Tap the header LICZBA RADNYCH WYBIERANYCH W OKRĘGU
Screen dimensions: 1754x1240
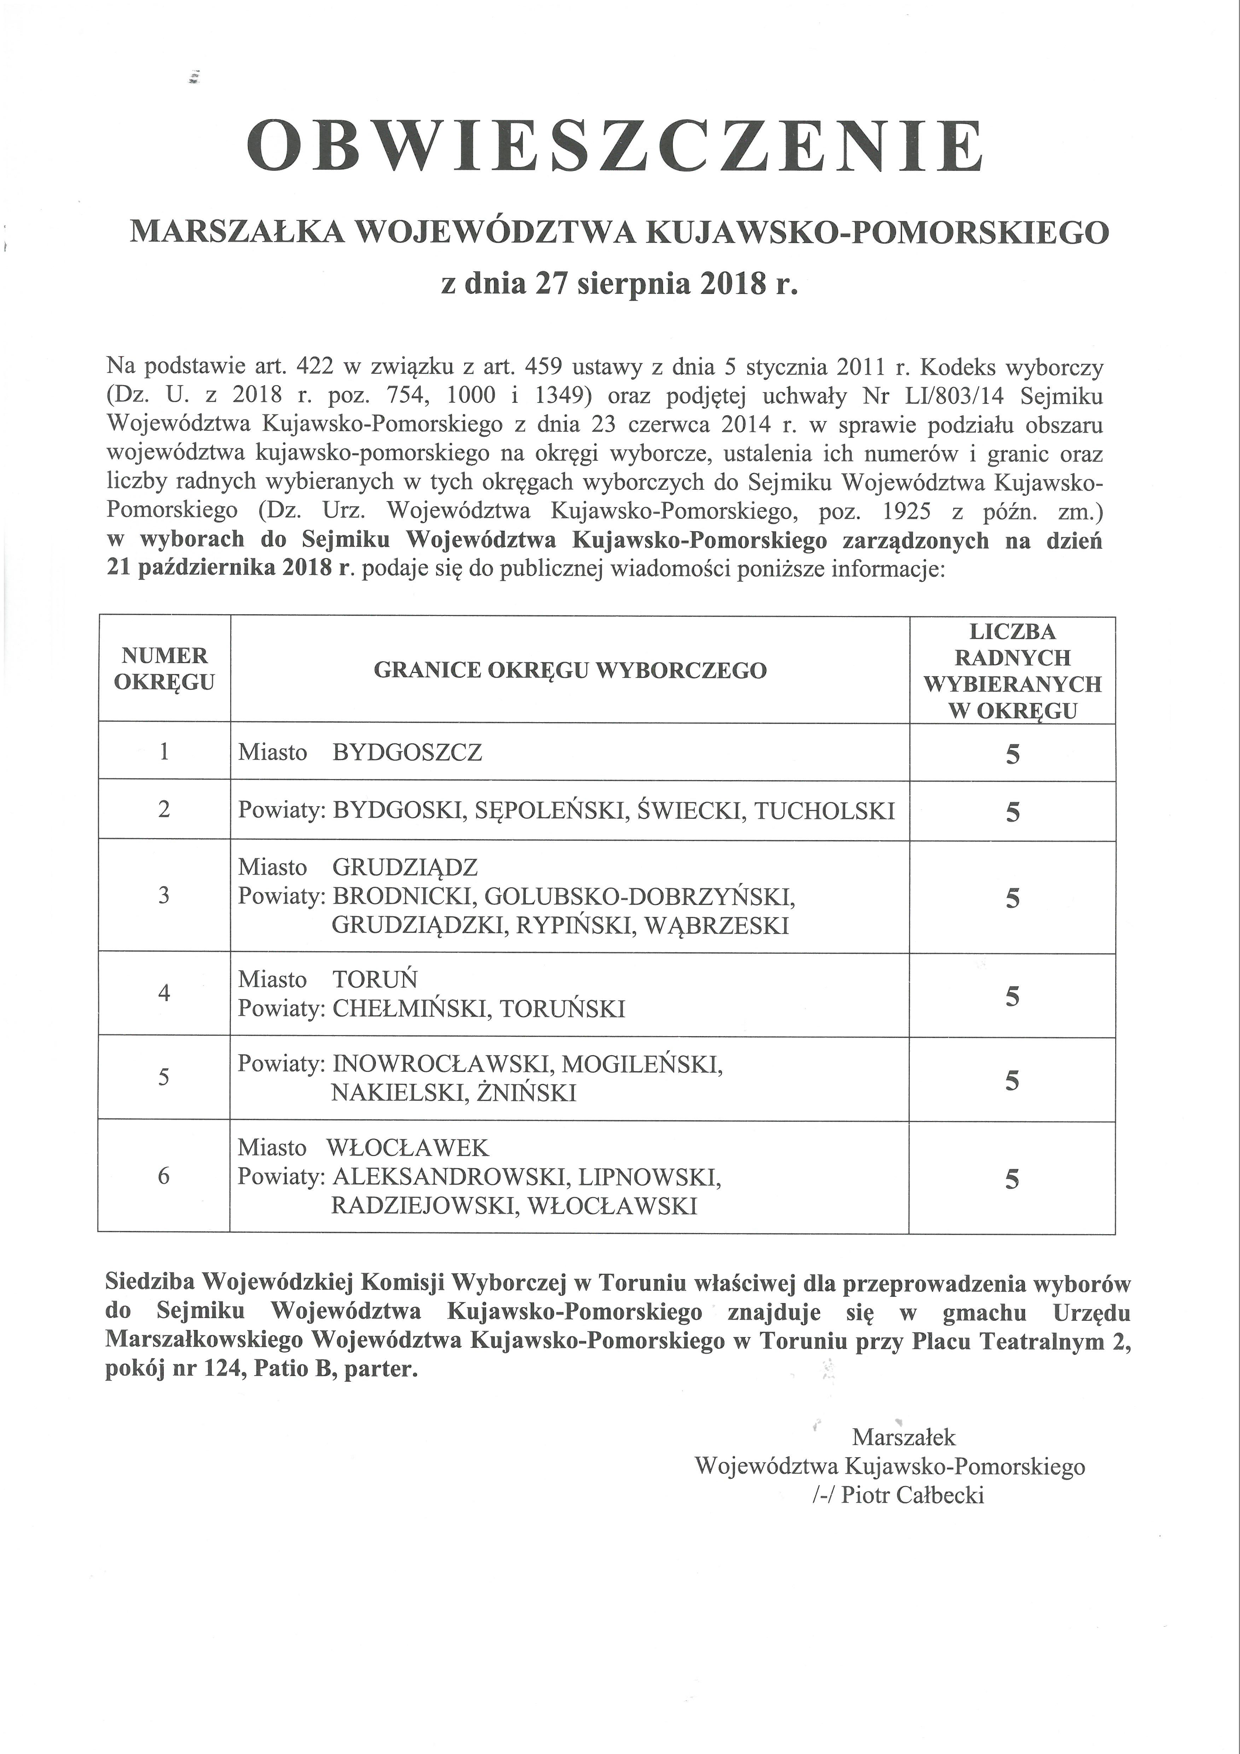[x=1012, y=671]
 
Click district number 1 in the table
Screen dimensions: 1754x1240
[x=164, y=752]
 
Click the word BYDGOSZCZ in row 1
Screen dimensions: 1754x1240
[x=407, y=753]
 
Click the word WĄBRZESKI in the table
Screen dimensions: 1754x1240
[x=717, y=926]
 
